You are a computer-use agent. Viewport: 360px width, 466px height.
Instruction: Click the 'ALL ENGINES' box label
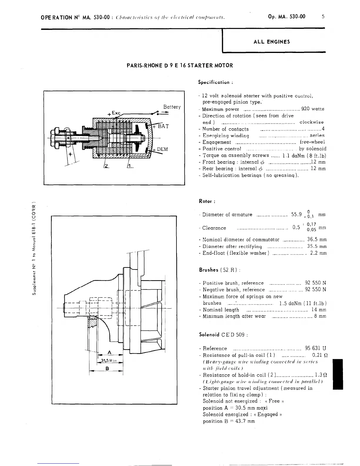tap(271, 42)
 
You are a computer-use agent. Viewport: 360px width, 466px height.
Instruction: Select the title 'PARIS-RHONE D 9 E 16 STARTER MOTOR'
tap(179, 66)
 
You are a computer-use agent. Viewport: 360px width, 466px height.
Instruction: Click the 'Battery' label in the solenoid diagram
tap(172, 107)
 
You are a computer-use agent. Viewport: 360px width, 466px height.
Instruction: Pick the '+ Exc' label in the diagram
tap(114, 113)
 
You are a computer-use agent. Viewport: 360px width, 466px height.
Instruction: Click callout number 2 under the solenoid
tap(106, 167)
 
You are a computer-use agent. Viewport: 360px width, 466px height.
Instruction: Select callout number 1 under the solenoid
tap(130, 167)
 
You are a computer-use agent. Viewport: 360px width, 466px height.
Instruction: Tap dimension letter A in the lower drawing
tap(109, 352)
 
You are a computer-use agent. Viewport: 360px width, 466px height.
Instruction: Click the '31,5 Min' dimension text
tap(109, 361)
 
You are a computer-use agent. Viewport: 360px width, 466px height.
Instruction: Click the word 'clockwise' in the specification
tap(311, 122)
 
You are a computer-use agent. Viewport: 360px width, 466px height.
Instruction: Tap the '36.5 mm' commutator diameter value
tap(317, 239)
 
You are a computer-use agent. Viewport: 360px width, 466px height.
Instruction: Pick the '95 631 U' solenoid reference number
tap(315, 348)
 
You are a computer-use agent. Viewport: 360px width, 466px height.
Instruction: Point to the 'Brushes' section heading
tap(209, 270)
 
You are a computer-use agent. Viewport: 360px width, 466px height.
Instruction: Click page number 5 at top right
tap(323, 16)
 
